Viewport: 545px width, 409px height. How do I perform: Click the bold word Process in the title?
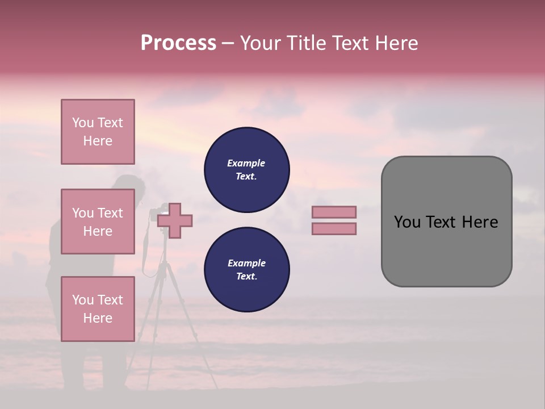(x=178, y=43)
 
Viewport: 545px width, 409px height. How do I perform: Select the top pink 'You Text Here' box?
(x=98, y=132)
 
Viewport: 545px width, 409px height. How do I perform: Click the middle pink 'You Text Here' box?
(x=98, y=222)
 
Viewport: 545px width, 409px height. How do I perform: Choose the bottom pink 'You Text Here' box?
(x=98, y=308)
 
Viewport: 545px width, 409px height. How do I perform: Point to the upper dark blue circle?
(x=246, y=170)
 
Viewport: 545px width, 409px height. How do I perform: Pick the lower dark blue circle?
(x=246, y=270)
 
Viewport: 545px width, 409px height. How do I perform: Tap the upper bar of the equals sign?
(x=334, y=212)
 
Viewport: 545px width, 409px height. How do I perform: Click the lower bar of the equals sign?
(x=334, y=228)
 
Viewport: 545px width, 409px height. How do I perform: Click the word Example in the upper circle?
(x=246, y=163)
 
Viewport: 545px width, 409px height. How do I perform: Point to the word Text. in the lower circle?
(x=246, y=277)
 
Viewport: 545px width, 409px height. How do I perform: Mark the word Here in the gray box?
(x=480, y=222)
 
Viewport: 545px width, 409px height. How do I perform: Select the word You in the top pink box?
(x=83, y=123)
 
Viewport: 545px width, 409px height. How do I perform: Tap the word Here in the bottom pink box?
(x=98, y=318)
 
